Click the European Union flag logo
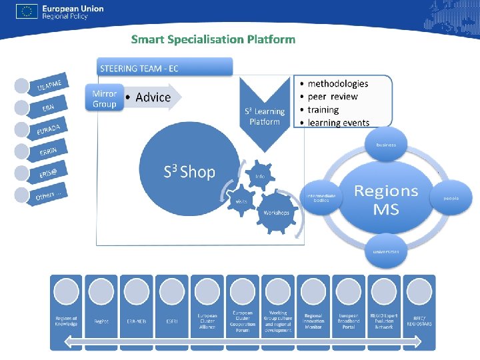(x=27, y=11)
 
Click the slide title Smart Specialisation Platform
(x=213, y=39)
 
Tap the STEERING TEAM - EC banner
(x=166, y=67)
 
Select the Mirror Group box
(x=104, y=99)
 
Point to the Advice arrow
(x=153, y=97)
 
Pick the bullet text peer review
(x=333, y=97)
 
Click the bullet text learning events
(x=338, y=123)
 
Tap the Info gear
(x=260, y=177)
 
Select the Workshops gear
(x=276, y=212)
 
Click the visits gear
(x=240, y=199)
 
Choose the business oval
(x=386, y=145)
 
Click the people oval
(x=452, y=198)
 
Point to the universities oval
(x=386, y=252)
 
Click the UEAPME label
(x=49, y=85)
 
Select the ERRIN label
(x=48, y=151)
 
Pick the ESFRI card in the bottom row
(x=172, y=312)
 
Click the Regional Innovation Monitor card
(x=313, y=312)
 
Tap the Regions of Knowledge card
(x=66, y=312)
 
